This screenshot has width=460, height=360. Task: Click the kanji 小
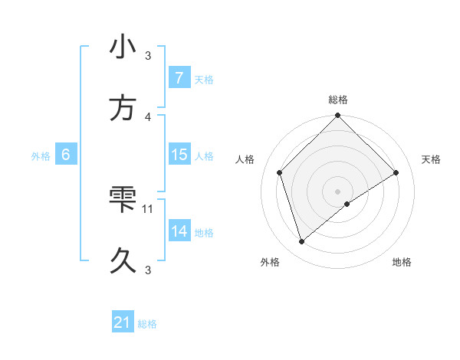tap(123, 47)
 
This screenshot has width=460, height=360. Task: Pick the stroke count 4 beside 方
tap(149, 116)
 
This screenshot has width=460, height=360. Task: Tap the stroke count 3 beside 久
tap(149, 270)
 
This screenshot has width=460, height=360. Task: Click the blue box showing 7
tap(179, 78)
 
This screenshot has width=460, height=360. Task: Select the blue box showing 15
tap(179, 155)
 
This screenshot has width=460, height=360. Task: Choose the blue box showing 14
tap(179, 231)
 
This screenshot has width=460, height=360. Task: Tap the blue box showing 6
tap(66, 155)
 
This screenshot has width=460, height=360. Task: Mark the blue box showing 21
tap(123, 323)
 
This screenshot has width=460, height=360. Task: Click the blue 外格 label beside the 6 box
tap(41, 156)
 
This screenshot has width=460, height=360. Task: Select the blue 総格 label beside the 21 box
tap(147, 324)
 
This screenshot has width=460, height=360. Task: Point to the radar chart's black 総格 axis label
tap(338, 100)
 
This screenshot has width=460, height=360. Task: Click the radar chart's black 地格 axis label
tap(402, 263)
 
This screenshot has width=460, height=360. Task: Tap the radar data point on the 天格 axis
tap(396, 172)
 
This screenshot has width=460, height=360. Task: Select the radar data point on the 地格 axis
tap(347, 204)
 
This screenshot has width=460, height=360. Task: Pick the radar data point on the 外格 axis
tap(301, 242)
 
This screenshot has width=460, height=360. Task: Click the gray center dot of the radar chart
tap(338, 191)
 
